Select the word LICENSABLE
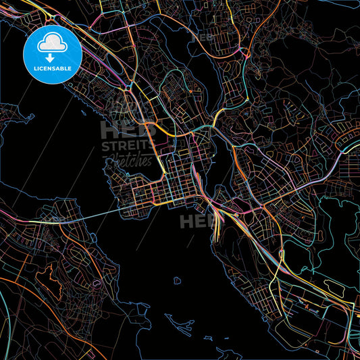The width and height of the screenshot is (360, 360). click(x=52, y=68)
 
